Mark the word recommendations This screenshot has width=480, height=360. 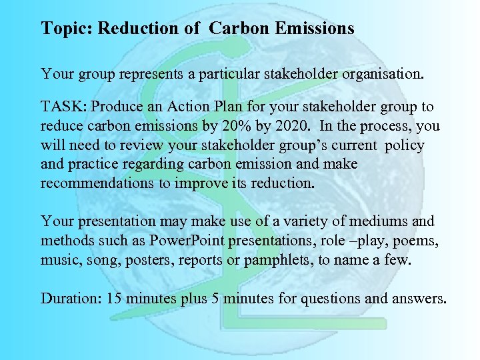tap(97, 183)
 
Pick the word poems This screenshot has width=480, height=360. tap(419, 241)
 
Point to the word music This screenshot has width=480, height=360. tap(58, 259)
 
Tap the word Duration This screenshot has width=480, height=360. tap(67, 298)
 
